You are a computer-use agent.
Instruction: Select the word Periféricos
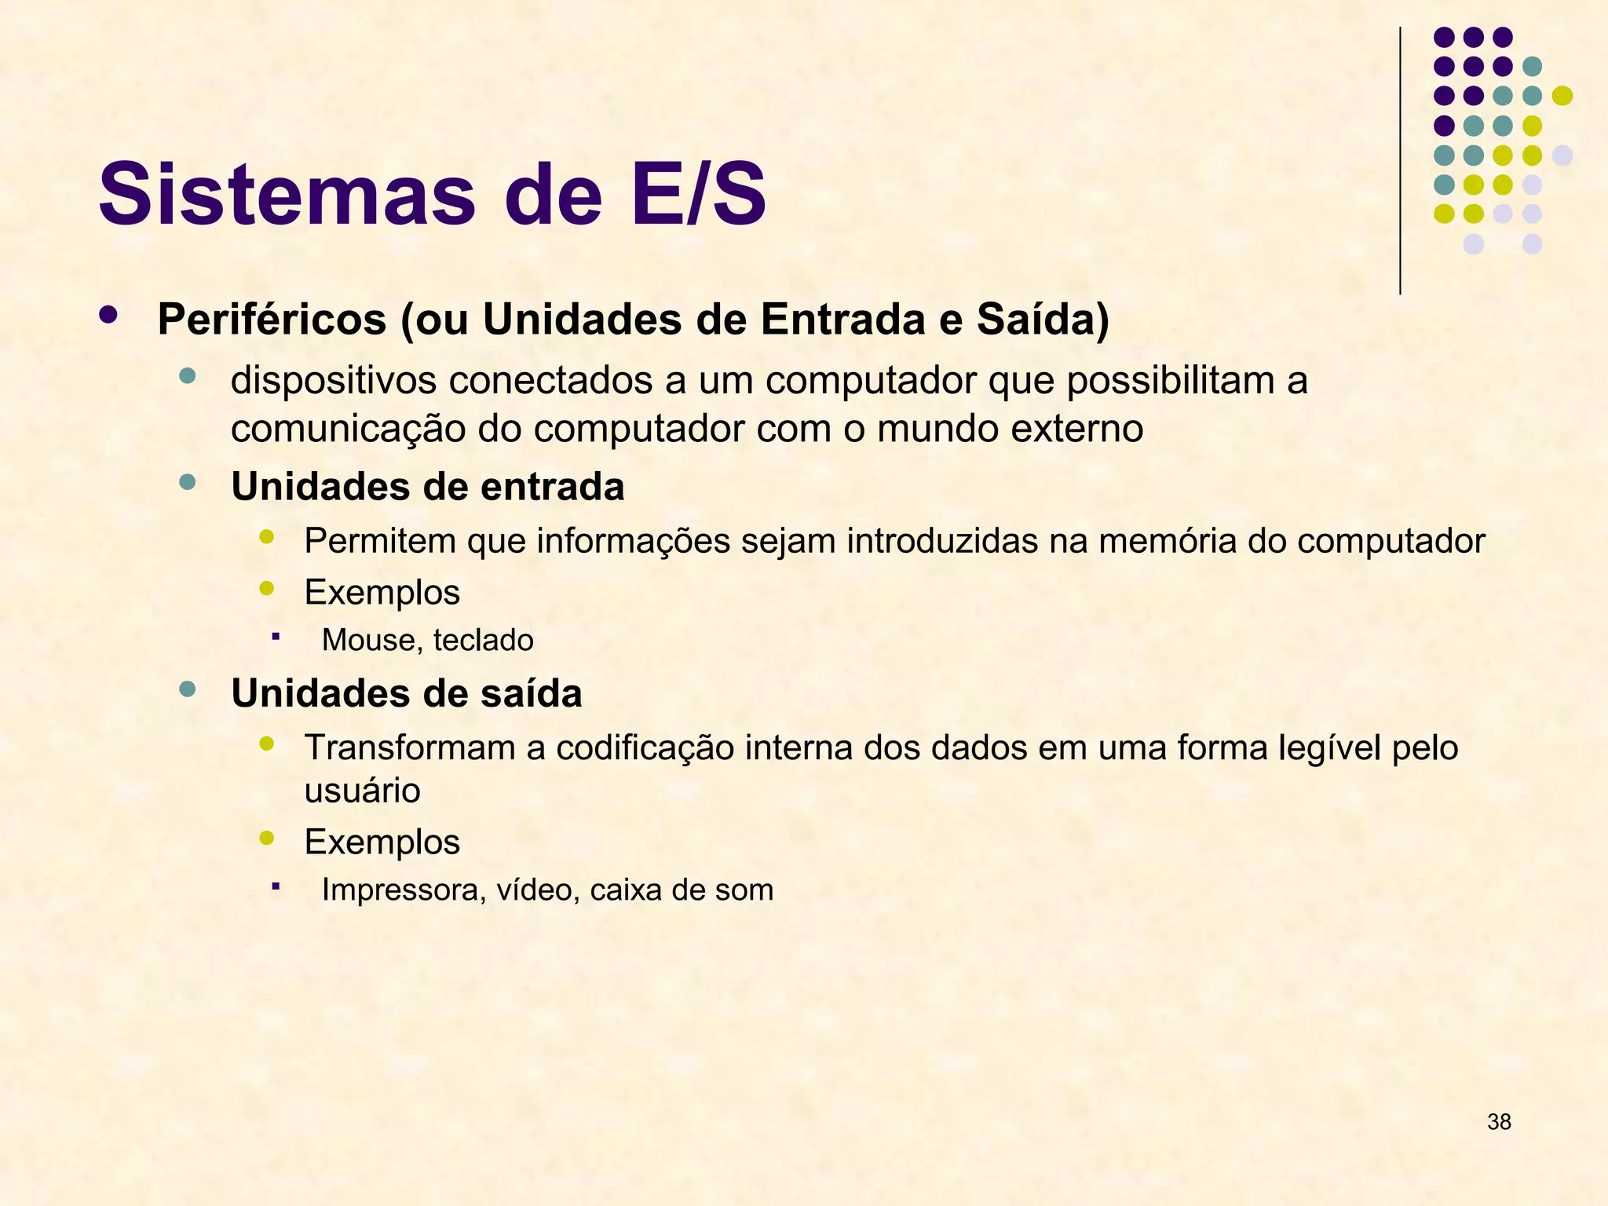pos(272,320)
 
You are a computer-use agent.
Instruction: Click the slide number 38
pos(1499,1122)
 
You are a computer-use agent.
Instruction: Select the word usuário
pos(362,791)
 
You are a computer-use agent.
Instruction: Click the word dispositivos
pos(333,381)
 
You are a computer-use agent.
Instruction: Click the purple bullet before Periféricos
pos(108,316)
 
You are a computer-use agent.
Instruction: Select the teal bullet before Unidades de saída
pos(187,689)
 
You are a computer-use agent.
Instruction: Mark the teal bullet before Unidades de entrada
pos(187,483)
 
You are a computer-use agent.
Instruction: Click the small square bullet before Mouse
pos(276,636)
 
